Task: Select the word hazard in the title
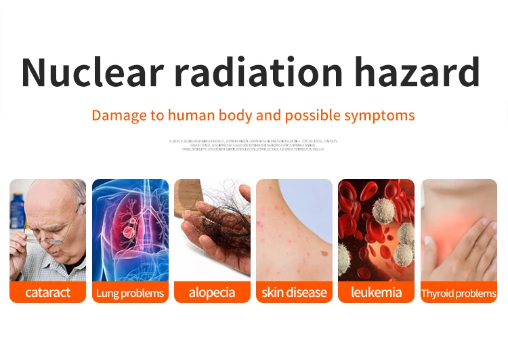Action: (419, 73)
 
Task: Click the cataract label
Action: (47, 293)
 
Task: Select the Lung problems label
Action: (130, 293)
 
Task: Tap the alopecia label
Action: (212, 293)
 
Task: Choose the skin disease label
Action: (294, 293)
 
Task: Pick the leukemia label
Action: (376, 293)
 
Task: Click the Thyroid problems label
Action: (459, 294)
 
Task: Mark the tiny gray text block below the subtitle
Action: (253, 145)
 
